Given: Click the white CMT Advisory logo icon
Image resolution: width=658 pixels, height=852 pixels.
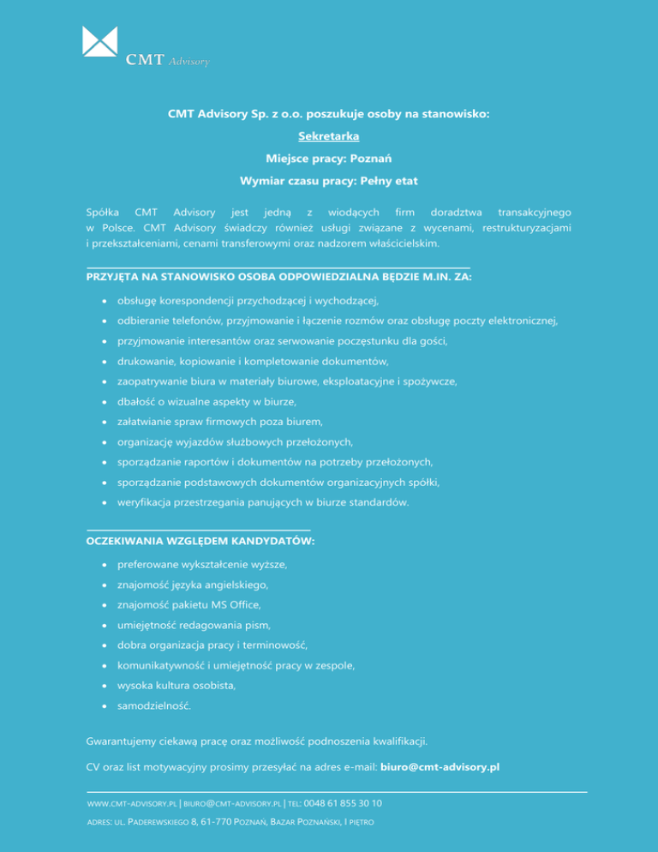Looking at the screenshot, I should [99, 41].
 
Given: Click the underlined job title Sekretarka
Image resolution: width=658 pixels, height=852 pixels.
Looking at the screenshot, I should [328, 135].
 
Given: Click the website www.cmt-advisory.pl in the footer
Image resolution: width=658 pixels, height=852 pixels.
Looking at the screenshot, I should [133, 804].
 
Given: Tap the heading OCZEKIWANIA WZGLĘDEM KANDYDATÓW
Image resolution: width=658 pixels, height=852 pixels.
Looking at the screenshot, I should [200, 541].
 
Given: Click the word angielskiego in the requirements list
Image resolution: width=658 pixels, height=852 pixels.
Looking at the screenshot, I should [235, 585].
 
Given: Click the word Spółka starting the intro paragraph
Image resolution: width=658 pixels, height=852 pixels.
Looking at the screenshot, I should [103, 211].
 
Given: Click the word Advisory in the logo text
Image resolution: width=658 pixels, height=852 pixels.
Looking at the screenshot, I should [189, 62].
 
